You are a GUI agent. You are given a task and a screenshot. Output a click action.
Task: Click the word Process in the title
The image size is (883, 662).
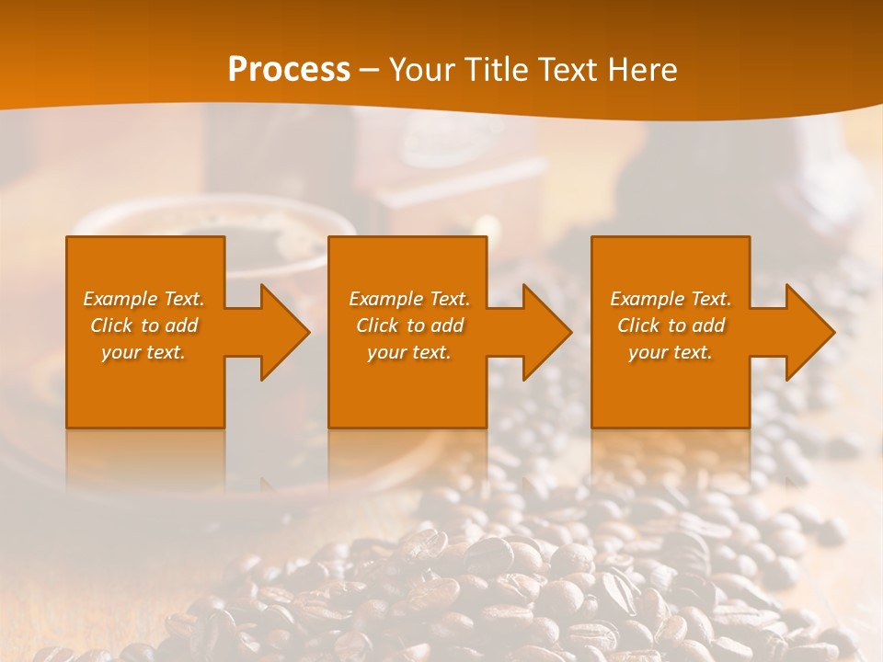(x=289, y=70)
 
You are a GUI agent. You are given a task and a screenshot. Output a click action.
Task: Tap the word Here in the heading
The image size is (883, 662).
(x=641, y=70)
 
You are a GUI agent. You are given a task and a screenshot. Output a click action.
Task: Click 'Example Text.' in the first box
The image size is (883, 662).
(x=143, y=299)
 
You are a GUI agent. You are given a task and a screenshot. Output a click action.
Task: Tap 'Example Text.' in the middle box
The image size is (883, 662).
(x=409, y=299)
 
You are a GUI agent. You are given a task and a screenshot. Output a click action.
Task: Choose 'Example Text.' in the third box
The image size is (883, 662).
(x=671, y=299)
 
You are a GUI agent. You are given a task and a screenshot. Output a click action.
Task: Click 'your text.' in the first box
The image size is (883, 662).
(x=143, y=352)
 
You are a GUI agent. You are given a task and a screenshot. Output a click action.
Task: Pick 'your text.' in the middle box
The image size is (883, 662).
(x=409, y=352)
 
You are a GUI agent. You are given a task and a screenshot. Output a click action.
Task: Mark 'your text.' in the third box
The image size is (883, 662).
(x=671, y=352)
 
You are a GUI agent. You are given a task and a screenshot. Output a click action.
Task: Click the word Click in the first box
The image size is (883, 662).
(x=111, y=325)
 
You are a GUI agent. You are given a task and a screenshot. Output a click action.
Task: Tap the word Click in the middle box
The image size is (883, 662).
(x=377, y=325)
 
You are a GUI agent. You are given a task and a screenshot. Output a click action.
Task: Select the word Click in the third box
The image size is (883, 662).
(x=638, y=325)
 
